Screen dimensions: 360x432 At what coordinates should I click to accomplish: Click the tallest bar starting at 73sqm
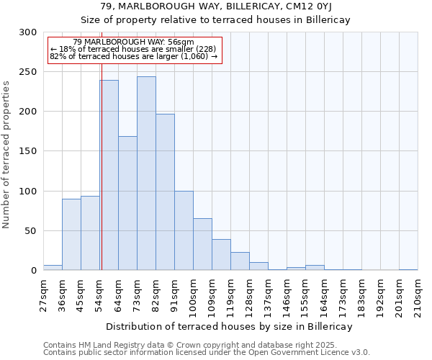[x=146, y=173]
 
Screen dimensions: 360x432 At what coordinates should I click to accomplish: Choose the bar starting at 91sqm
[x=184, y=230]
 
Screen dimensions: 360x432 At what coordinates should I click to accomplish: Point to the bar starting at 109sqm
[x=221, y=255]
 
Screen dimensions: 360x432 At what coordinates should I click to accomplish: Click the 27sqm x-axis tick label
[x=43, y=295]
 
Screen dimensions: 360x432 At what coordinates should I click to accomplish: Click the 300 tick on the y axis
[x=28, y=32]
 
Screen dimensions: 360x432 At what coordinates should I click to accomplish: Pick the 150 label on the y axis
[x=28, y=151]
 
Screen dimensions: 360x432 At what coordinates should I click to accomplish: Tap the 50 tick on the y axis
[x=31, y=231]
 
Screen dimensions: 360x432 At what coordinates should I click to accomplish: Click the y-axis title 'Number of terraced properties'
[x=7, y=154]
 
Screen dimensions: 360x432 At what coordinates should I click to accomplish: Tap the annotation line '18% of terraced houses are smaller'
[x=133, y=49]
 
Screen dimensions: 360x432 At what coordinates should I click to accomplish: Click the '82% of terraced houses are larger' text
[x=133, y=56]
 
